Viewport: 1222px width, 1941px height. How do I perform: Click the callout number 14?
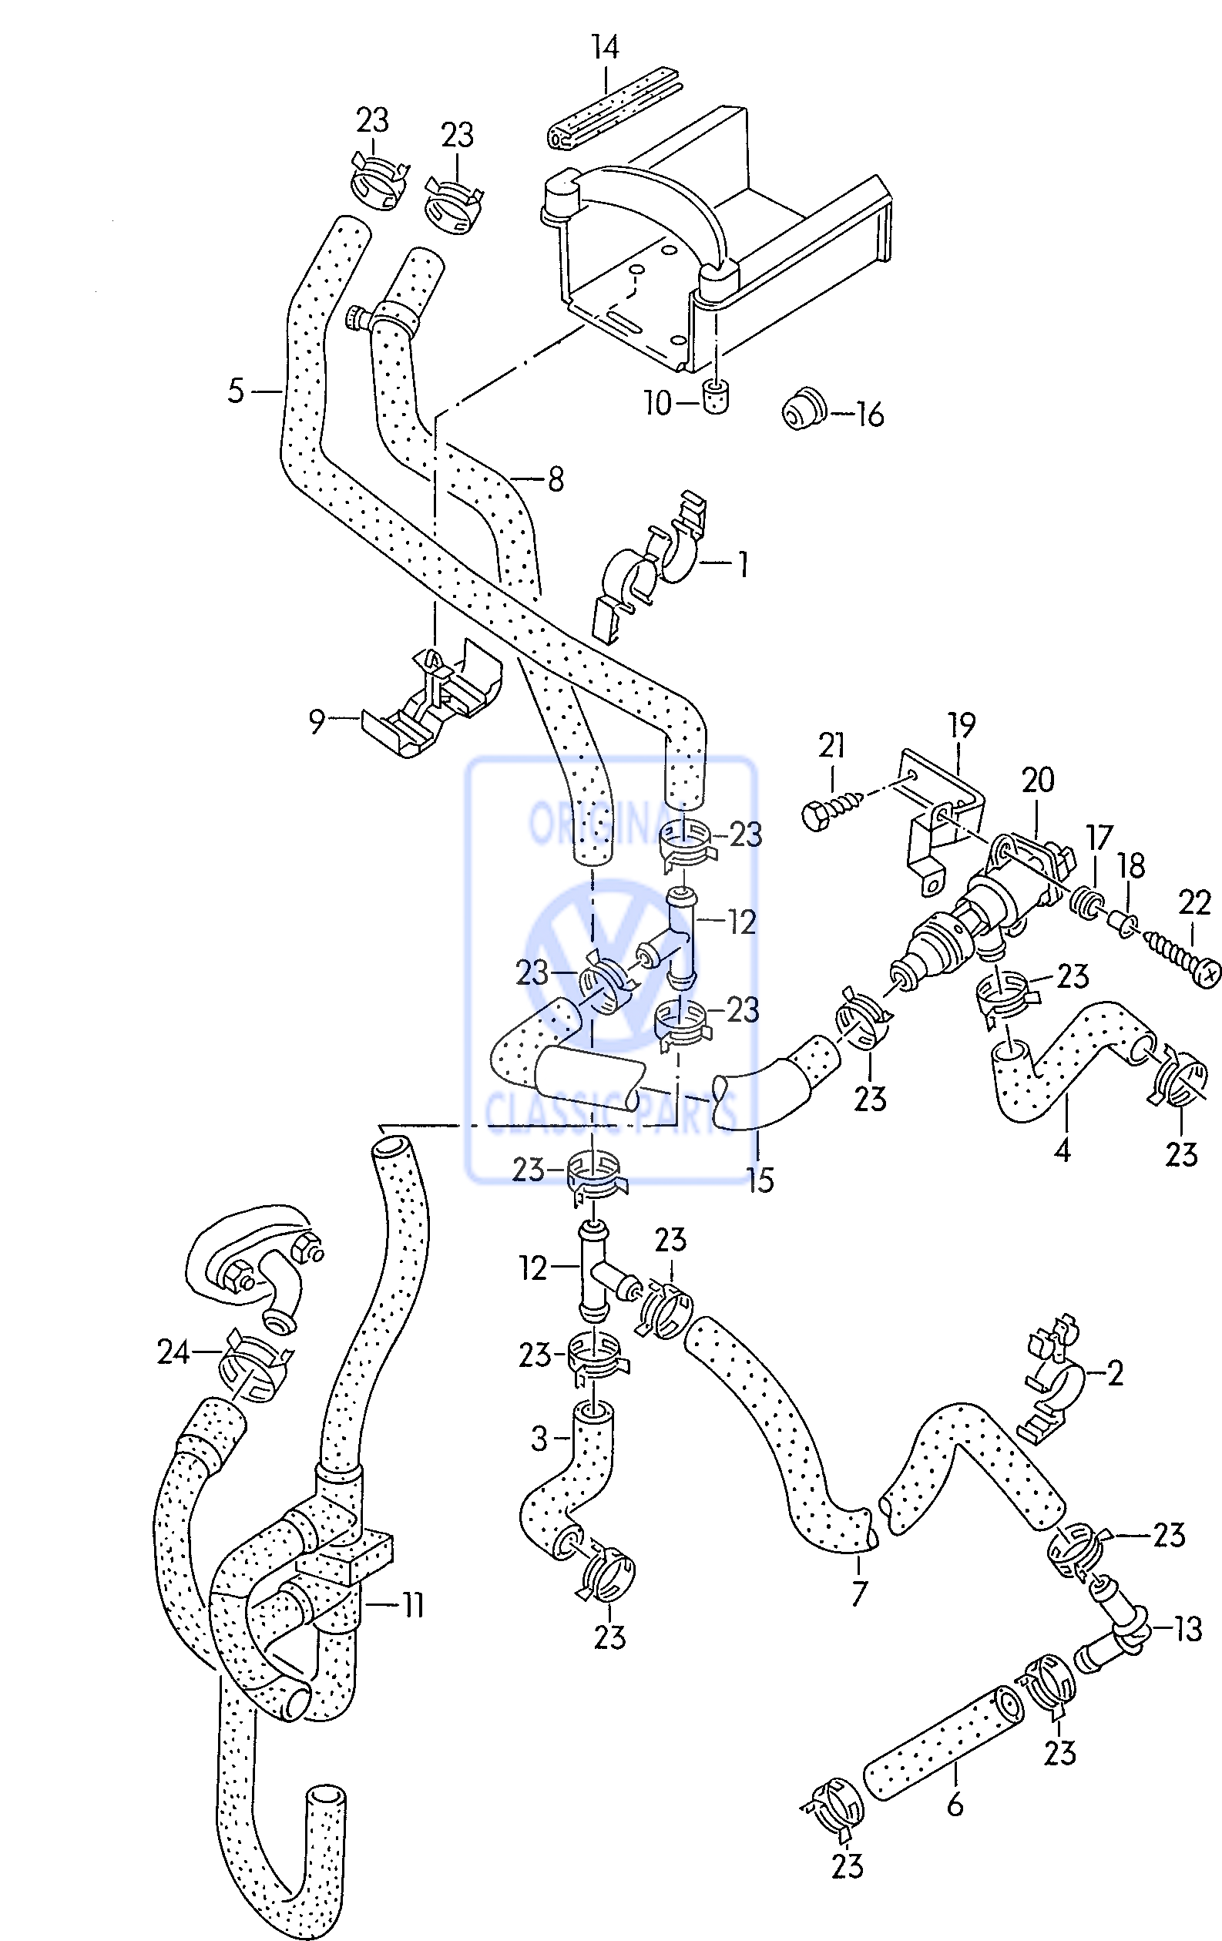(605, 48)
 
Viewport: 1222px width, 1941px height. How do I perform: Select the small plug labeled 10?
(715, 398)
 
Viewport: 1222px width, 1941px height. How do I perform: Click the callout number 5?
(234, 391)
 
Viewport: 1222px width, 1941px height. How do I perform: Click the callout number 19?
(962, 725)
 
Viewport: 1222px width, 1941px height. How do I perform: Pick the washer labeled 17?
(1087, 902)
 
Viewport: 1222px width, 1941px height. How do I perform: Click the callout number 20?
(1037, 781)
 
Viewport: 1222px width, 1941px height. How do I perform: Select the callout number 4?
(1062, 1150)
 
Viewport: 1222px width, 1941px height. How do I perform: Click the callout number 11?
(412, 1606)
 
